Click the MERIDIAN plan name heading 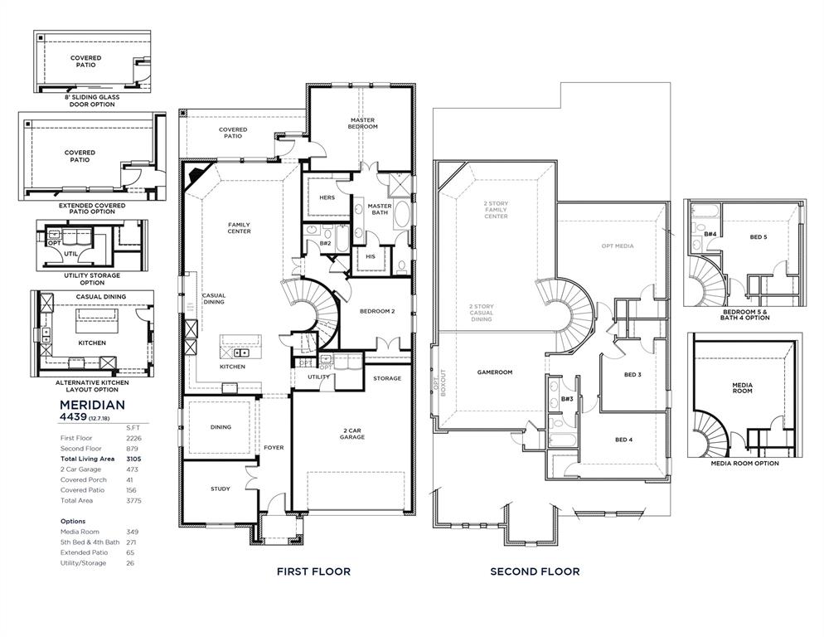click(92, 404)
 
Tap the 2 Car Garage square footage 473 click(132, 469)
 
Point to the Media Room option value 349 click(133, 532)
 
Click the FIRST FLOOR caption click(313, 571)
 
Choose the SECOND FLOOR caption click(535, 571)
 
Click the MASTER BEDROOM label click(362, 124)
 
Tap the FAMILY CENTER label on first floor click(240, 228)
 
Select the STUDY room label click(221, 489)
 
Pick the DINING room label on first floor click(221, 427)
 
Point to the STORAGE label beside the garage click(387, 378)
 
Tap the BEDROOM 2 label click(376, 311)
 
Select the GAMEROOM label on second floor click(495, 372)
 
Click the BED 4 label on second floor click(624, 439)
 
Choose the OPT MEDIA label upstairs click(618, 246)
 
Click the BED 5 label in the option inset click(758, 237)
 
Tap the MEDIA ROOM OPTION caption click(744, 464)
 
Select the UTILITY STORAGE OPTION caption click(91, 279)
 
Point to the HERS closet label click(327, 197)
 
